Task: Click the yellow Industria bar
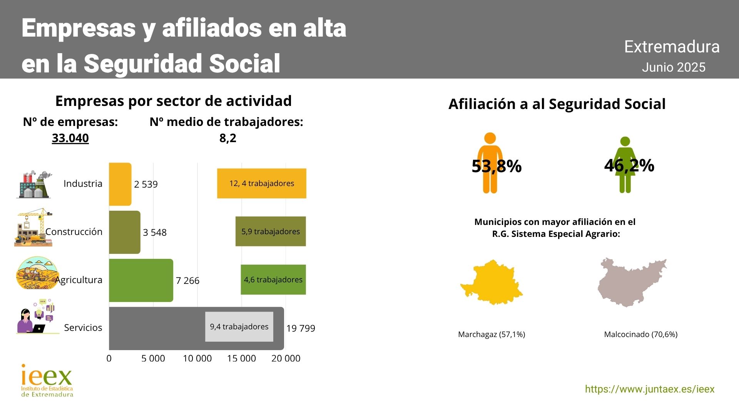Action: (120, 184)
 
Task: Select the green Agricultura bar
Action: (141, 280)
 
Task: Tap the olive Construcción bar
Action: (125, 232)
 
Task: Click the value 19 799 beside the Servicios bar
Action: (301, 328)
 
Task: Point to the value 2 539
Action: (146, 184)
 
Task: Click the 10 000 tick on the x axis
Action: (197, 358)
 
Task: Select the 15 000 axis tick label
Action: (241, 358)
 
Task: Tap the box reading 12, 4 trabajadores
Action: (262, 183)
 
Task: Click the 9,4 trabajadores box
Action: (239, 327)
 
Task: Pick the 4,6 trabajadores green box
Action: (273, 280)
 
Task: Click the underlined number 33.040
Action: (70, 138)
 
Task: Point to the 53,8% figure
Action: (497, 166)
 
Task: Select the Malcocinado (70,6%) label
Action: (640, 334)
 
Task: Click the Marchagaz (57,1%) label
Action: (492, 334)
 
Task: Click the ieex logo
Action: (47, 381)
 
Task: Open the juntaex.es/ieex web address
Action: (650, 389)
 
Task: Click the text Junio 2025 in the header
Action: (674, 67)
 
